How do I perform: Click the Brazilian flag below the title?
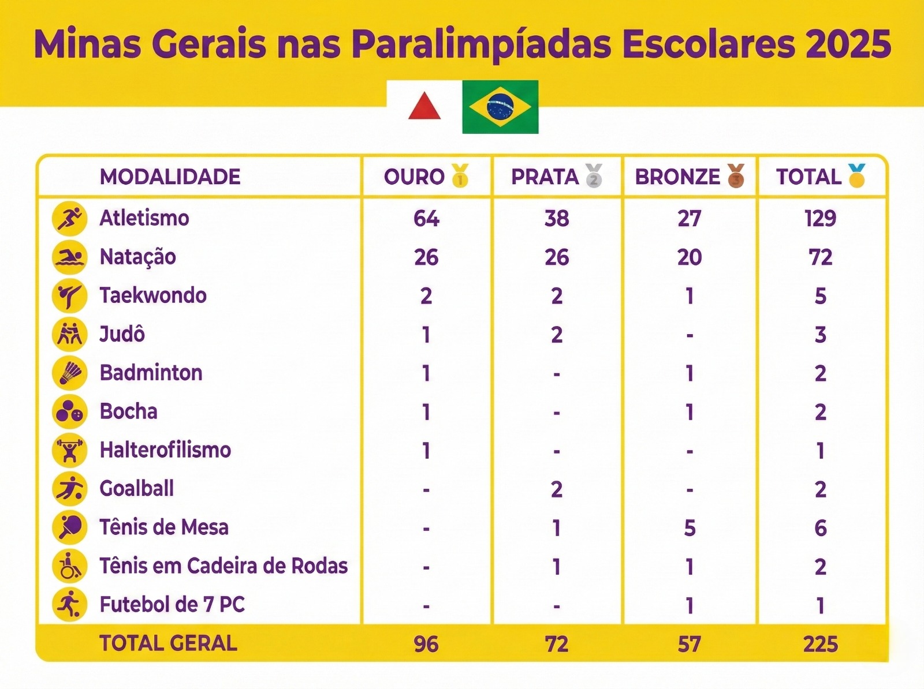point(500,107)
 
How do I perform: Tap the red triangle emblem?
point(424,106)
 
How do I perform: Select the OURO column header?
point(415,177)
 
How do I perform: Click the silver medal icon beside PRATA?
point(594,175)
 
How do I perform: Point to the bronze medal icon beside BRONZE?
point(736,175)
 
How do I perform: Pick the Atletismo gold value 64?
point(426,219)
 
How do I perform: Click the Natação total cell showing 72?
point(820,257)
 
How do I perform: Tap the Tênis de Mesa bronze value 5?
point(690,528)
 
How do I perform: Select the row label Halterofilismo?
point(165,450)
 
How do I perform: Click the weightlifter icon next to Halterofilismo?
point(69,451)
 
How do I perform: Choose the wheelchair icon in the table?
point(69,566)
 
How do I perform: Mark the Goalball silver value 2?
point(556,489)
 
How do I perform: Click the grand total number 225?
point(820,644)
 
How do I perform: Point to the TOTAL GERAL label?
point(168,643)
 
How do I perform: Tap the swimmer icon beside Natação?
point(69,257)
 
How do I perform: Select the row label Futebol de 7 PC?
point(172,605)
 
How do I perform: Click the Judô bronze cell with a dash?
point(690,335)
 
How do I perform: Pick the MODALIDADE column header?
point(170,177)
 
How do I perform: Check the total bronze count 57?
point(690,644)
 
